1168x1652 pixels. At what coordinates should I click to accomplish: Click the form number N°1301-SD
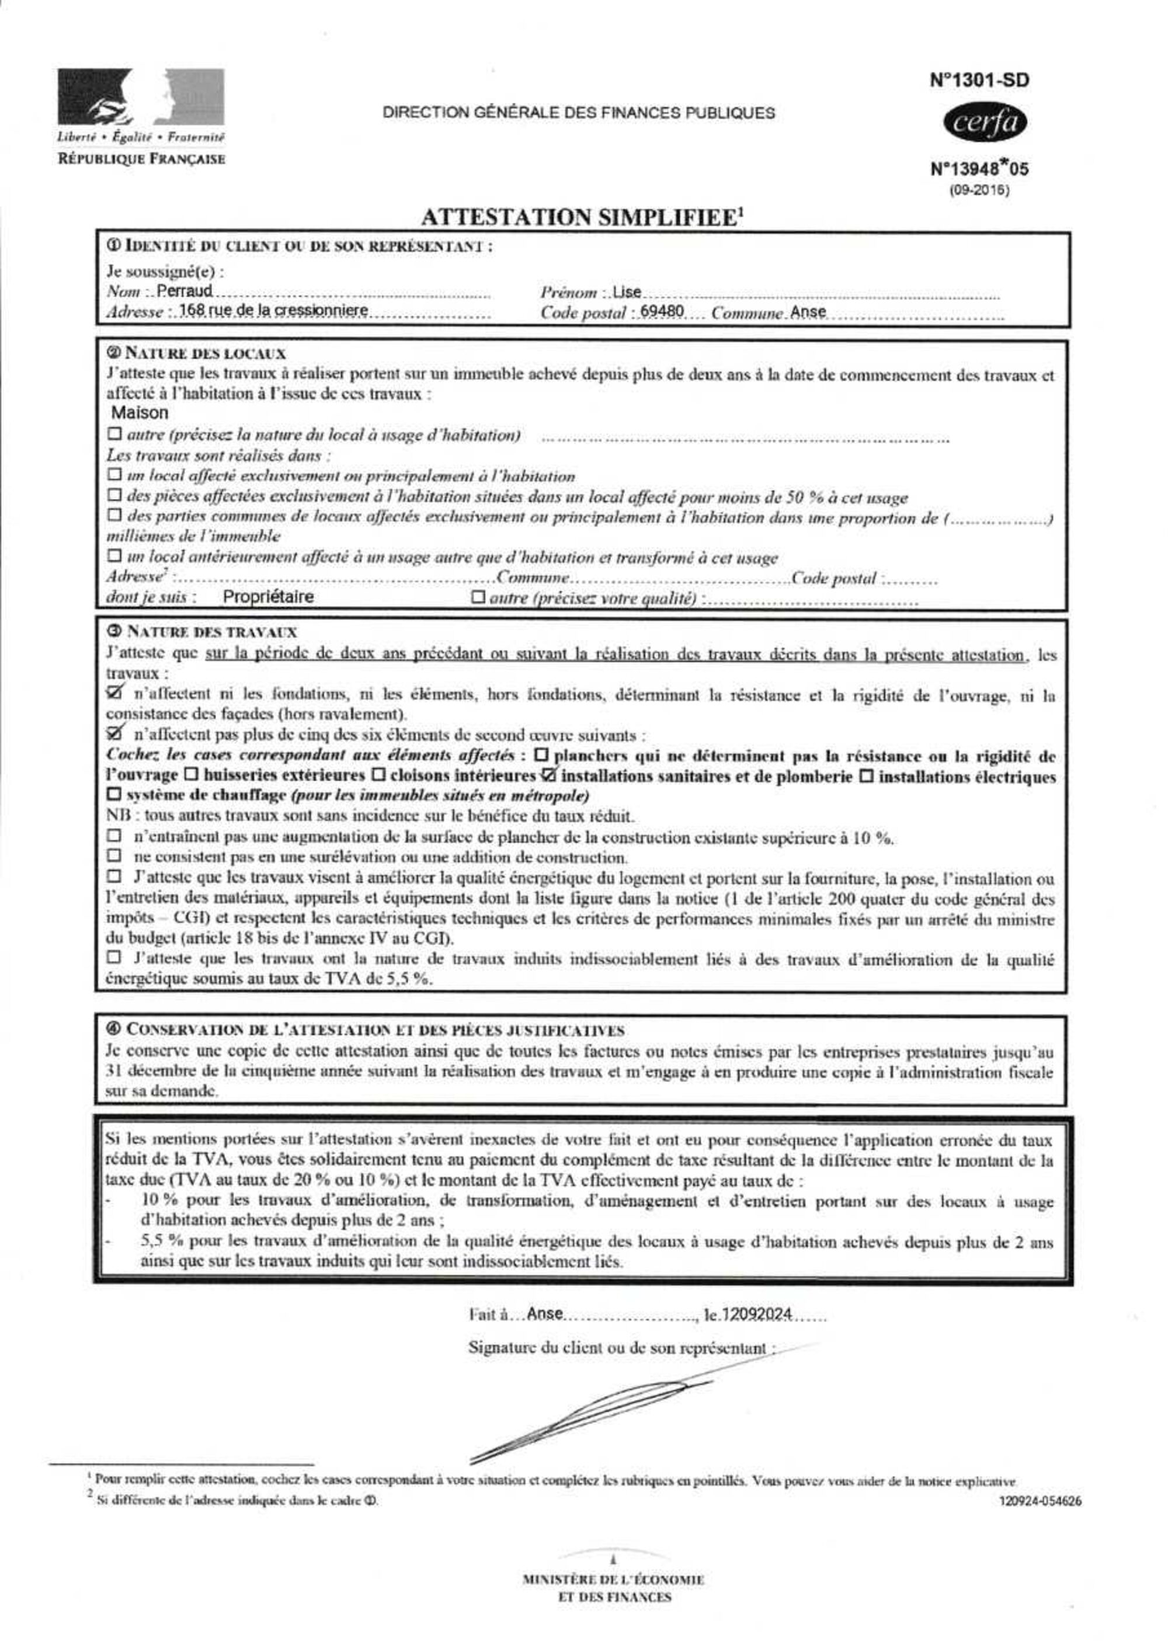(979, 81)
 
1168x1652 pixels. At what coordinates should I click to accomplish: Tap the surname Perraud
(185, 291)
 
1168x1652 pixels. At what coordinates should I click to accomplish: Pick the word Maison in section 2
(140, 412)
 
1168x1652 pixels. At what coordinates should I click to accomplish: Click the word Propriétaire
(267, 596)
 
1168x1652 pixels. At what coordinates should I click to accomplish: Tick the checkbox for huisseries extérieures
(192, 775)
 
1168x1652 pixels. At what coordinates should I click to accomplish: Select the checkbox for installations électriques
(867, 776)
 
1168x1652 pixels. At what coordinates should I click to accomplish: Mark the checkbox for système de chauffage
(114, 795)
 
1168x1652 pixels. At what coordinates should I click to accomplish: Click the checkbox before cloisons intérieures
(378, 775)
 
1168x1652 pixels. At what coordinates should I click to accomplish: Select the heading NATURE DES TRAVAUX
(211, 632)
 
